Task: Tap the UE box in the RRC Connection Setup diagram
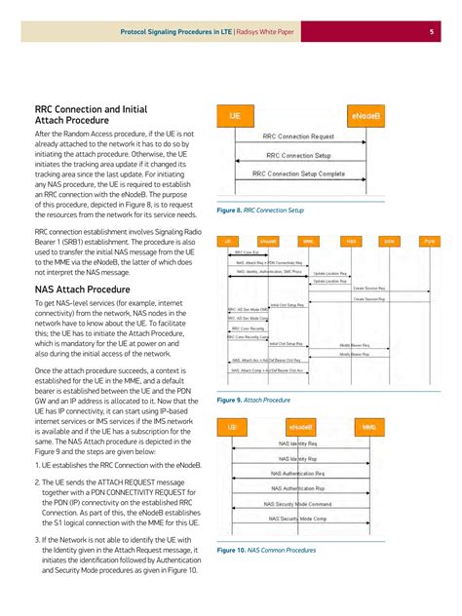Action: pyautogui.click(x=235, y=115)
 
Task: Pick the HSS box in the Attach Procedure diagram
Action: pyautogui.click(x=350, y=240)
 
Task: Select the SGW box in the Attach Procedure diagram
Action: pyautogui.click(x=389, y=240)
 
